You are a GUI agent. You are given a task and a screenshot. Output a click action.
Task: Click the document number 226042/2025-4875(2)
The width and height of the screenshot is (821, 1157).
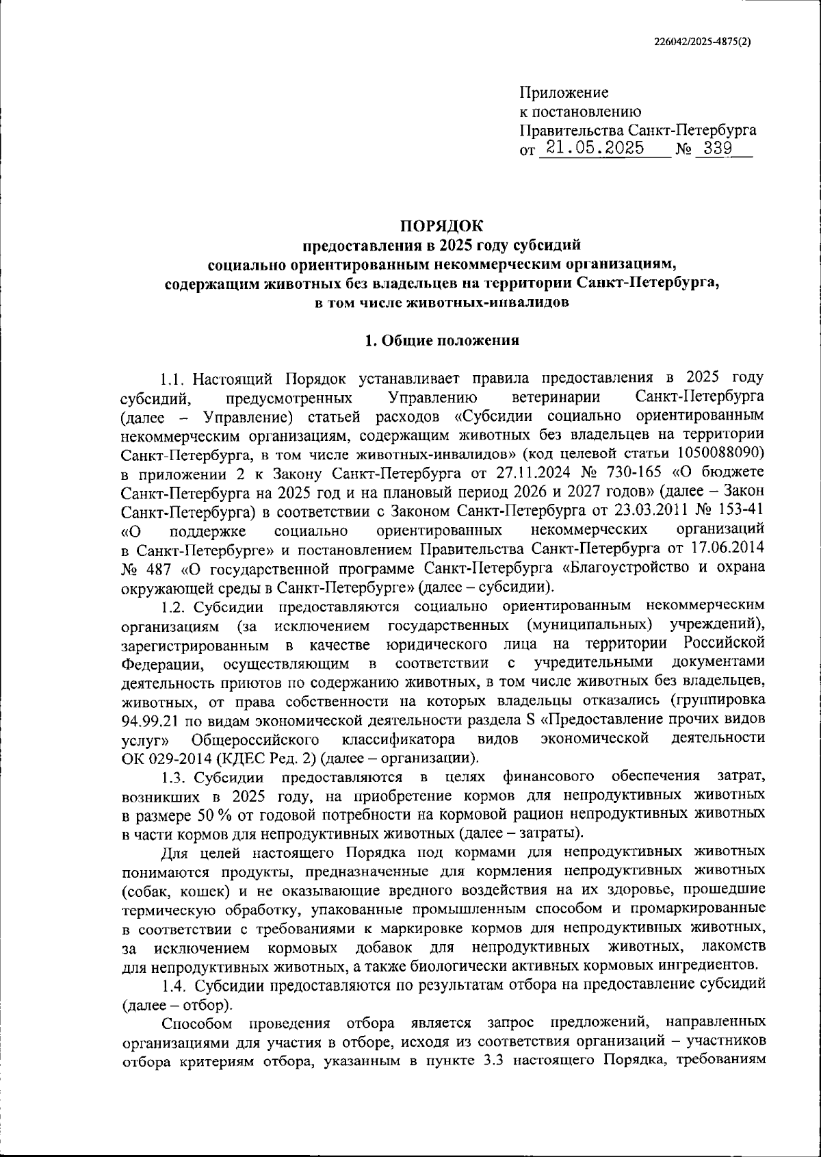[x=701, y=40]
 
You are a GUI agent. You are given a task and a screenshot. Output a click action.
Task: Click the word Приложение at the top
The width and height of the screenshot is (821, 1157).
[x=564, y=92]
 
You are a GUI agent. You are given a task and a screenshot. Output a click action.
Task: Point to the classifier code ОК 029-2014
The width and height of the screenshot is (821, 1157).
[x=159, y=758]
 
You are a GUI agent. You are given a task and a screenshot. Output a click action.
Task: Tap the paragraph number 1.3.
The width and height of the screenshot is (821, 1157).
[x=174, y=776]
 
